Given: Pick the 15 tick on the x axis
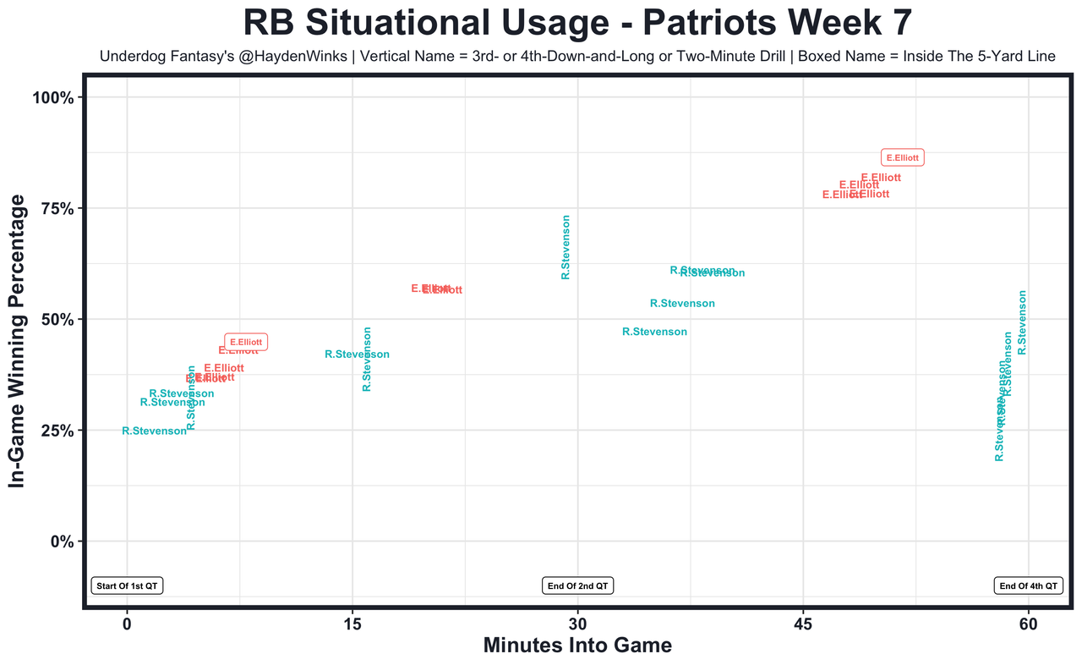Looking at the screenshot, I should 352,624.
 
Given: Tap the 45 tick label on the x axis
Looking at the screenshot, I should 803,624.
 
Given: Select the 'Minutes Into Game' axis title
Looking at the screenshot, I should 577,646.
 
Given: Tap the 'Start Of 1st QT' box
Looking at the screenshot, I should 127,585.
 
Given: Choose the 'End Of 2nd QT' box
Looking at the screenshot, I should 577,585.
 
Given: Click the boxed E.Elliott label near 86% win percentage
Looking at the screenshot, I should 902,157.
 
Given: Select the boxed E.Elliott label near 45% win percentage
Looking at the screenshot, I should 246,342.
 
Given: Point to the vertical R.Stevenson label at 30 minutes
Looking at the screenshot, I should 566,247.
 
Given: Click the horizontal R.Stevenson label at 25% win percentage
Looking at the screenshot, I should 154,431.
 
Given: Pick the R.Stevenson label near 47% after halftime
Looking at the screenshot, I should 654,332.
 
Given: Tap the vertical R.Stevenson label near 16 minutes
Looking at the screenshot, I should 367,359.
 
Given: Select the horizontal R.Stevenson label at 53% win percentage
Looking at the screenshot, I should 682,304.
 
